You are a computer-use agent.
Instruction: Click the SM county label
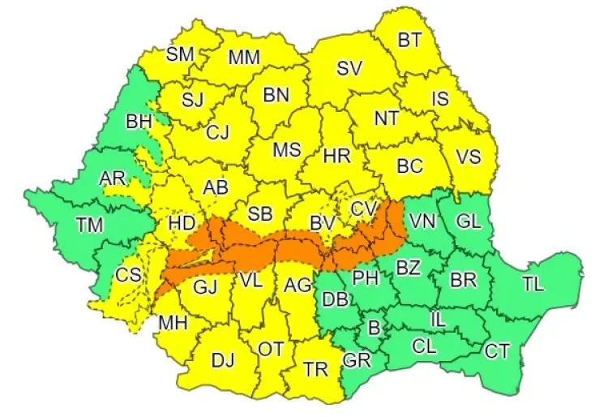click(180, 54)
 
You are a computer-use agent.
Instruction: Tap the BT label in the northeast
click(409, 39)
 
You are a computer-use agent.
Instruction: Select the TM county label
click(89, 225)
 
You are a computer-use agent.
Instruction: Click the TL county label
click(533, 284)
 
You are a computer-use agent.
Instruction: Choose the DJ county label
click(223, 359)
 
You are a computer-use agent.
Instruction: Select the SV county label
click(349, 70)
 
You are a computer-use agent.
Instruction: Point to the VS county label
click(469, 157)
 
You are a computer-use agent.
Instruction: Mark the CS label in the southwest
click(127, 274)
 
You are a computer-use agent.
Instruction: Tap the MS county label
click(286, 150)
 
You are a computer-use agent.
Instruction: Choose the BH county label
click(139, 123)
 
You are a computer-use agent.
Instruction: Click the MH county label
click(173, 323)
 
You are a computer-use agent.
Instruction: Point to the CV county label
click(364, 209)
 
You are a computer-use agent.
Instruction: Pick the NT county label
click(386, 118)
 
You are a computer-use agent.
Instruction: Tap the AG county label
click(298, 285)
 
